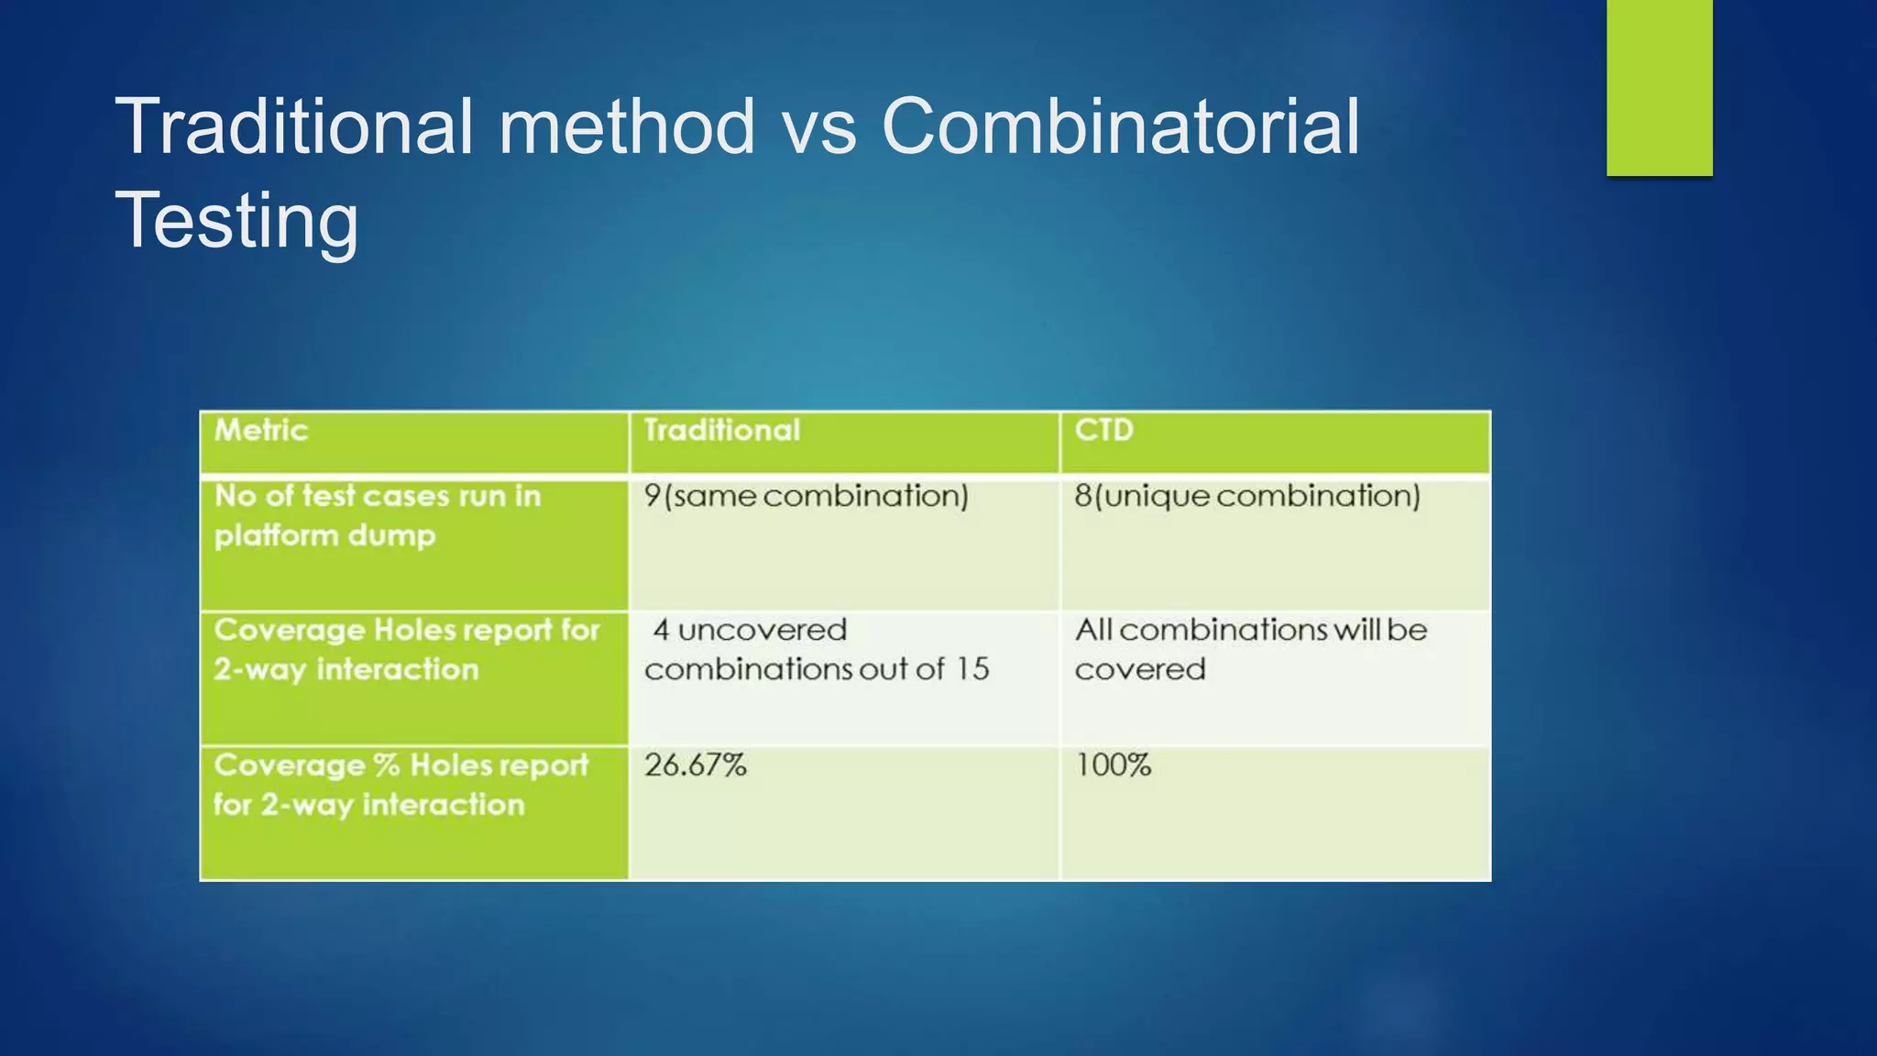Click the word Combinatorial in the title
click(x=1120, y=126)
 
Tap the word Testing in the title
click(x=236, y=220)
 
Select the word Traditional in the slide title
click(x=293, y=126)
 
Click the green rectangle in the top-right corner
click(x=1659, y=87)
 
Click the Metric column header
click(x=261, y=430)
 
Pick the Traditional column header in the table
click(x=721, y=430)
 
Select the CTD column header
click(x=1103, y=430)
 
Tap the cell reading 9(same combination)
click(x=806, y=496)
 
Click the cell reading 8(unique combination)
click(x=1246, y=496)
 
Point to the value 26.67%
click(x=695, y=764)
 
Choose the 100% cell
click(x=1113, y=764)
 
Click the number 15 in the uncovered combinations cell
click(x=971, y=669)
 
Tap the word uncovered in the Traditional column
click(x=762, y=630)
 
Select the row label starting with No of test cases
click(x=377, y=515)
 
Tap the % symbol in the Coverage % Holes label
click(x=386, y=764)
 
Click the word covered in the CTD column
click(x=1139, y=669)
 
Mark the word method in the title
click(x=626, y=126)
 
